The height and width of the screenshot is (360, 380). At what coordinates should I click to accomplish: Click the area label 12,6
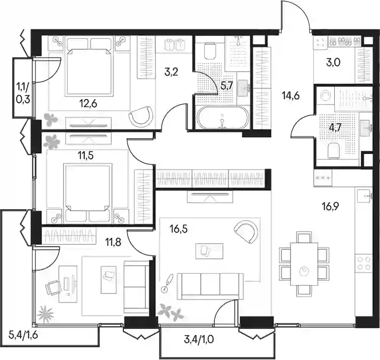(88, 104)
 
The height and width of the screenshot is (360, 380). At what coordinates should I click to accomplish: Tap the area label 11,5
(85, 156)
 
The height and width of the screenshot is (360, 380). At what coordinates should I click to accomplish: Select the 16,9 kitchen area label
(330, 207)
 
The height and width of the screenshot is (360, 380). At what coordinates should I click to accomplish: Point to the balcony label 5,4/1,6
(23, 336)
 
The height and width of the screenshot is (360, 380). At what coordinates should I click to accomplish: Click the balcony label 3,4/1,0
(199, 340)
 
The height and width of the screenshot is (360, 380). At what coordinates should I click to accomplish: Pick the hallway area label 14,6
(291, 95)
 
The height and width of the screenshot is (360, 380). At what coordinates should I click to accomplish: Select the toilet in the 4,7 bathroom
(333, 151)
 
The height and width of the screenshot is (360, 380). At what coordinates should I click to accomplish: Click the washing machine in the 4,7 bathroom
(325, 95)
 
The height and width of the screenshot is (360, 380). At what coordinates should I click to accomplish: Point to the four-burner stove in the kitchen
(363, 264)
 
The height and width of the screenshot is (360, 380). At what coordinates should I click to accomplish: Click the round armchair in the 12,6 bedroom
(142, 116)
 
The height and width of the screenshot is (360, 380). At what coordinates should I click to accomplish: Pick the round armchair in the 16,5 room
(247, 231)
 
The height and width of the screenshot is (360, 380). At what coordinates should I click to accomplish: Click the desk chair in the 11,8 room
(53, 287)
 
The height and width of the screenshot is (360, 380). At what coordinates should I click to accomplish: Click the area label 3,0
(333, 62)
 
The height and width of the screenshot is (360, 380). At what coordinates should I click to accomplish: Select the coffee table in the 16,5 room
(209, 251)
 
